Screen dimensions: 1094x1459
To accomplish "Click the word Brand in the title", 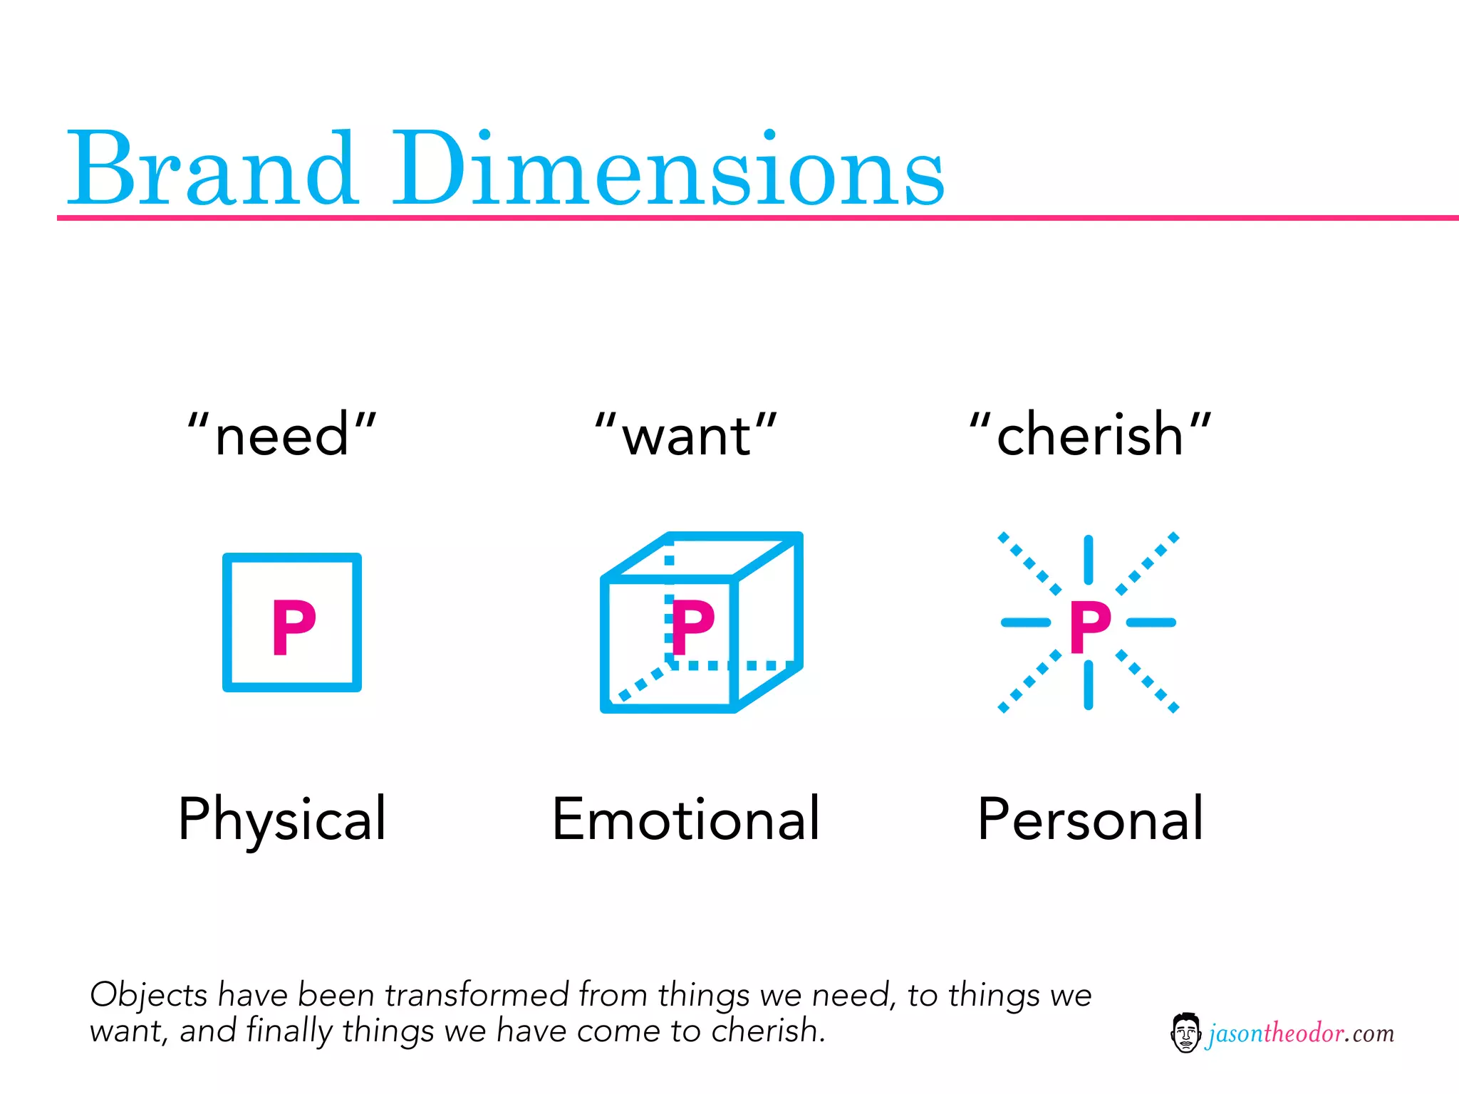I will coord(212,170).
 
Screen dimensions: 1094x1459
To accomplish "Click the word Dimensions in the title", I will coord(668,170).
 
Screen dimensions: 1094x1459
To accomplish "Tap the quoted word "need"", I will coord(282,434).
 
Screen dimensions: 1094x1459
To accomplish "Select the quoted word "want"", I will coord(686,434).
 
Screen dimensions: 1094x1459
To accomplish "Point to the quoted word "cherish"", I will coord(1090,434).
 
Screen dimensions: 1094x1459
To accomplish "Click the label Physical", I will coord(282,819).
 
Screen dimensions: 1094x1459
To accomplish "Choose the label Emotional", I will coord(686,819).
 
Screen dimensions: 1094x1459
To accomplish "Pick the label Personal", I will coord(1090,819).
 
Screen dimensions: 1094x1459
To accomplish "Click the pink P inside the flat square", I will coord(293,627).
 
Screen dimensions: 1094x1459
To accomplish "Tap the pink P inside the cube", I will coord(692,627).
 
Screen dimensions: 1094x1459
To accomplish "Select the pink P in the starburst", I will coord(1090,627).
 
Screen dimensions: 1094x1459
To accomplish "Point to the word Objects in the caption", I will coord(148,995).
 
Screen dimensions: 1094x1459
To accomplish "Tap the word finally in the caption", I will coord(289,1031).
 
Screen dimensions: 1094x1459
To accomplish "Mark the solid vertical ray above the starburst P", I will coord(1089,560).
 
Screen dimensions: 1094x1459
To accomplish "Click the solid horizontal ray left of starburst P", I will coord(1026,622).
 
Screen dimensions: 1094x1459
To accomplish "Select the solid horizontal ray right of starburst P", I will coord(1151,622).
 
